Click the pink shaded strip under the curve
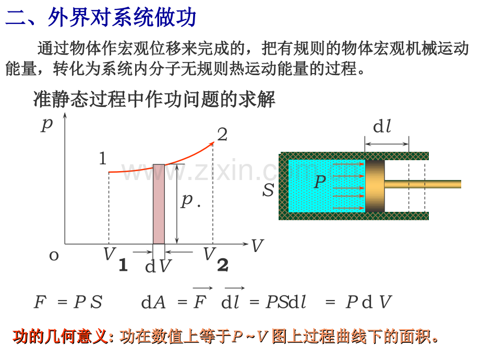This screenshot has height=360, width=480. [159, 204]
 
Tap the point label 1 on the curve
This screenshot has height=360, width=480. [103, 159]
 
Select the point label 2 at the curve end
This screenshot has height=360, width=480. [223, 135]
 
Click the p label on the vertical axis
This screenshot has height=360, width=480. [47, 124]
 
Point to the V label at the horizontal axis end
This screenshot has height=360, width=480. [257, 245]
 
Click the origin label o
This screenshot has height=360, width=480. [54, 255]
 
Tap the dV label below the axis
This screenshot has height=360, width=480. [158, 266]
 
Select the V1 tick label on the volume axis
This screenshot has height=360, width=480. [115, 258]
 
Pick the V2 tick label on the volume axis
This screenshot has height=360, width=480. [216, 258]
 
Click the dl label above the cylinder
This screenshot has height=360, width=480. [382, 126]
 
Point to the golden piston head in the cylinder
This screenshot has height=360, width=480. [375, 186]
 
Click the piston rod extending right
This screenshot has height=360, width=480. [423, 184]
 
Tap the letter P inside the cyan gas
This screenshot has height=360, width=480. [320, 181]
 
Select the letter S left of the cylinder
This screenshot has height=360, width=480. [268, 190]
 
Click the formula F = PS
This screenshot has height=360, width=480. [68, 302]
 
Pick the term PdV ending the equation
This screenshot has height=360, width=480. [368, 302]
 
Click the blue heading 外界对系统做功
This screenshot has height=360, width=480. [122, 17]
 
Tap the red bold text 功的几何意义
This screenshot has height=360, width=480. [61, 337]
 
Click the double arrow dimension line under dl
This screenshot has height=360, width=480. [387, 144]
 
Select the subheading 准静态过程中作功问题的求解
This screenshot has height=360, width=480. [154, 99]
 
